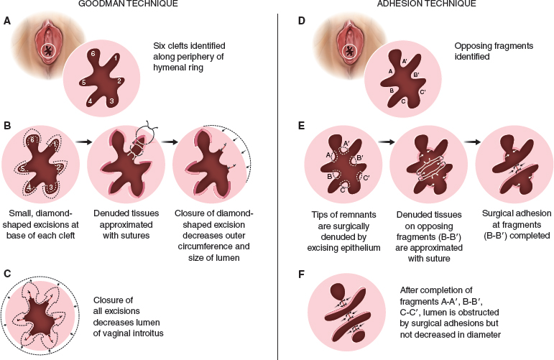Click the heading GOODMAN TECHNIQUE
(x=139, y=5)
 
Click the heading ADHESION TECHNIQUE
(x=415, y=5)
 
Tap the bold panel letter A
(x=7, y=22)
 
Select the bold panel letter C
(x=7, y=274)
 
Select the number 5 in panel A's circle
(x=84, y=82)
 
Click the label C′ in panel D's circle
(x=423, y=92)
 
